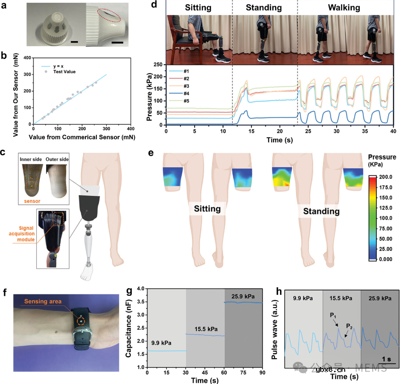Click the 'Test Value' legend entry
65,72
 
